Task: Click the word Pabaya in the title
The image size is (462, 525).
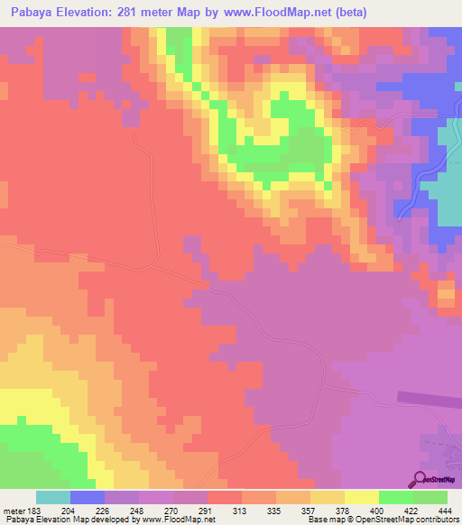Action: tap(33, 11)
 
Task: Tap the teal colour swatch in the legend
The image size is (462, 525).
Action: tap(53, 497)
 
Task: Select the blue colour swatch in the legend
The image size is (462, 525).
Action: tap(88, 497)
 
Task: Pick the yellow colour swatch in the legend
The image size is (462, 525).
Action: tap(362, 497)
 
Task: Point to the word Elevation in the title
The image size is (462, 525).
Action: tap(97, 11)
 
